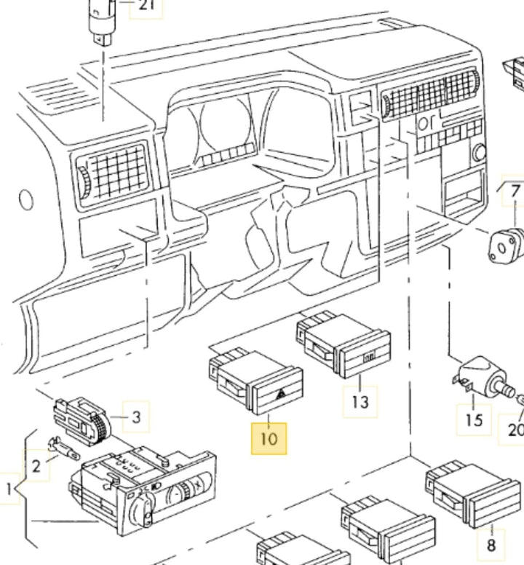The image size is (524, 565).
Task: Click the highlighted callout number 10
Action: [x=269, y=439]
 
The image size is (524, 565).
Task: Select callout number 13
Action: [x=360, y=402]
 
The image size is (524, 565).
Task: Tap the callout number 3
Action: [x=136, y=417]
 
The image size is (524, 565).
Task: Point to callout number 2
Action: [x=36, y=466]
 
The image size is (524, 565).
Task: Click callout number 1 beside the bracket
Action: [x=9, y=489]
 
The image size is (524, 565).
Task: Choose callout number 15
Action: [x=474, y=420]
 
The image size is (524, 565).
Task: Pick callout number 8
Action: [x=491, y=545]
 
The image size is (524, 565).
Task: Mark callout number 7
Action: [x=515, y=191]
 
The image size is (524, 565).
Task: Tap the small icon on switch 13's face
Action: [x=369, y=358]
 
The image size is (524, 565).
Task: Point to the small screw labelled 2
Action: [x=64, y=447]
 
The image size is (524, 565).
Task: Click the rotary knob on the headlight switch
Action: [x=143, y=509]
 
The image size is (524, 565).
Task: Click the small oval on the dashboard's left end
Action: [x=26, y=199]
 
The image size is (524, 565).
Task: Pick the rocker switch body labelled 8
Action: [x=473, y=493]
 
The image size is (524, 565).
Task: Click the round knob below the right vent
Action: [x=479, y=153]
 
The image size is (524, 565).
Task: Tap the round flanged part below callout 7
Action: [x=504, y=246]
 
